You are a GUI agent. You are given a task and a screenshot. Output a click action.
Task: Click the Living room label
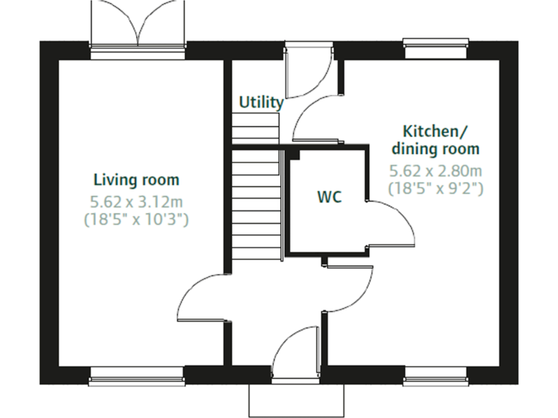coord(137,179)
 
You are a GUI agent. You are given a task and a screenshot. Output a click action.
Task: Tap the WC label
coord(329,197)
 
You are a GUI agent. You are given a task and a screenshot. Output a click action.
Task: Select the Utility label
coord(261,102)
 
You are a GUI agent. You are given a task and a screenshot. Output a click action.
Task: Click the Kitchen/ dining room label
coord(436,140)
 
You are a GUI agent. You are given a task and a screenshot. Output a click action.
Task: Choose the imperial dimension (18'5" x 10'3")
coord(137,218)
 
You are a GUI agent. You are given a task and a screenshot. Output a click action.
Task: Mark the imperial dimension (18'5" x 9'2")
coord(436,189)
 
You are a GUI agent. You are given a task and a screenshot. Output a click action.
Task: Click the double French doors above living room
coord(137,25)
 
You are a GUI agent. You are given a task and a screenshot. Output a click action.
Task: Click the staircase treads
coord(256,203)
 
